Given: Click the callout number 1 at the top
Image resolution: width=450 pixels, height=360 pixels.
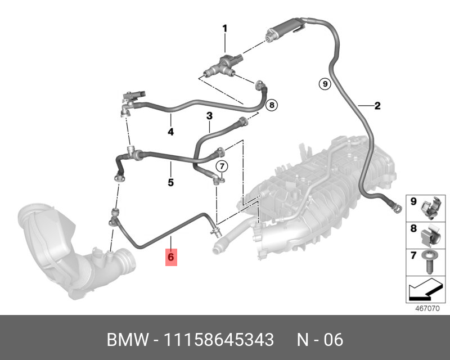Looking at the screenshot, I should [224, 28].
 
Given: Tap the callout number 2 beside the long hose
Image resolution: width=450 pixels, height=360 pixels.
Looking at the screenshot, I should [377, 105].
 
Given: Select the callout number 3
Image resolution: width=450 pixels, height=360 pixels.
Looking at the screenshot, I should [209, 116].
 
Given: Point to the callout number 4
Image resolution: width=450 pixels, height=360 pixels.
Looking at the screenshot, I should [170, 132].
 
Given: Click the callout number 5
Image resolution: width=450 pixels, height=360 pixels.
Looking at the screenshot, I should [170, 182].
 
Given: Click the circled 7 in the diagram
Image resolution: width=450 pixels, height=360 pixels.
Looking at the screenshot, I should [222, 166].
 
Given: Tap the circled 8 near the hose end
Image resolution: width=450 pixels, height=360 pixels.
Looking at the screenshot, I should [271, 105].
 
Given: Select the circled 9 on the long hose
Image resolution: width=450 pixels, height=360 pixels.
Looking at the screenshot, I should [324, 84].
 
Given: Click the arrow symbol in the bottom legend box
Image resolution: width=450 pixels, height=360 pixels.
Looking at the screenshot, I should [424, 291].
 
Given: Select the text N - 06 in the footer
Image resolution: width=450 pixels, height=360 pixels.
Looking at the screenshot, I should [319, 340].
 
